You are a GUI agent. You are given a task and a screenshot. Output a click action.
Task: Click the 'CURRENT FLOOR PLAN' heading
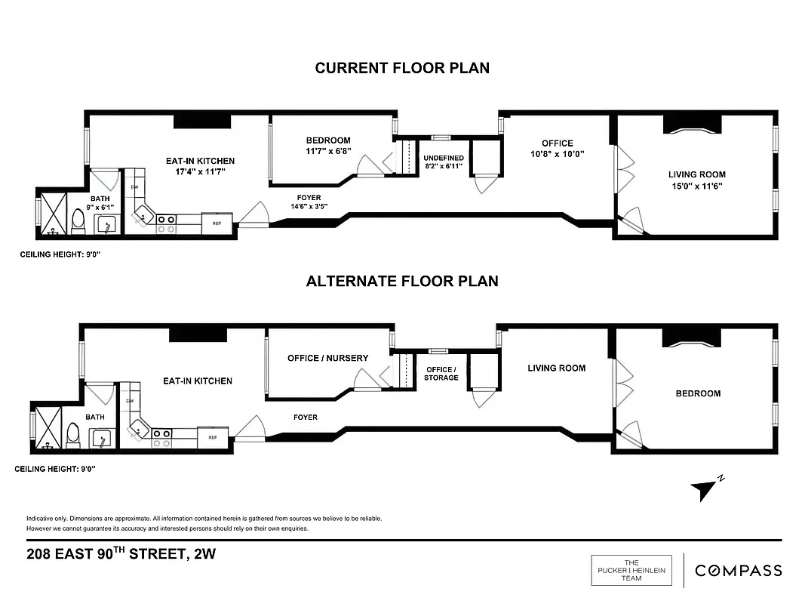tap(402, 68)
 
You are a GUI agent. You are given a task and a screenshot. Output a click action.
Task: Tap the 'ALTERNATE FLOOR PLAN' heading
tap(402, 281)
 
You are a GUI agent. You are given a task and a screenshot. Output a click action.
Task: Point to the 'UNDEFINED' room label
tap(444, 158)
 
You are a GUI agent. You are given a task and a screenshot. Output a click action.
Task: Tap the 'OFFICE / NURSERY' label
tap(327, 358)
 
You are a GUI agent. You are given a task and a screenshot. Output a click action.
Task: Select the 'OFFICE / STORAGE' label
tap(441, 373)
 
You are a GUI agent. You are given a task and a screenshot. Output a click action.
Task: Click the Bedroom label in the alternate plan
tap(697, 393)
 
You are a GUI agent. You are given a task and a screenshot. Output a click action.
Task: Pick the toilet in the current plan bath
tap(77, 220)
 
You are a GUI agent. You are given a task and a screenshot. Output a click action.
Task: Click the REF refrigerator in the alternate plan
tap(213, 436)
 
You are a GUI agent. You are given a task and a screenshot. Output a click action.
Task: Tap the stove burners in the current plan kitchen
tap(166, 220)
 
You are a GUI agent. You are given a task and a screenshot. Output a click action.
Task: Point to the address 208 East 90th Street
tap(121, 554)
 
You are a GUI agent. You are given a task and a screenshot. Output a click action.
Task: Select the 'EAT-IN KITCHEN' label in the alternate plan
tap(198, 381)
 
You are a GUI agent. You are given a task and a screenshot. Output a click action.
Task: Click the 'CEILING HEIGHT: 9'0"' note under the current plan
tap(60, 255)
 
